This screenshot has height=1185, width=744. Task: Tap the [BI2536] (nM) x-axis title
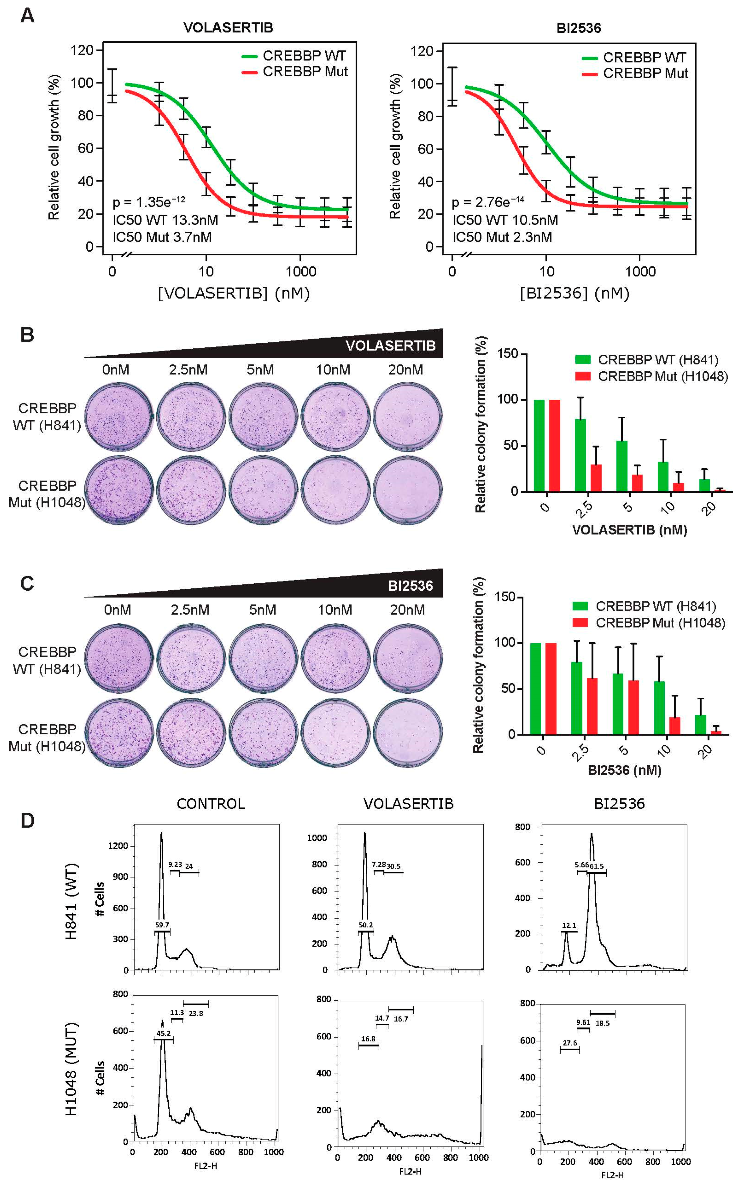click(x=574, y=293)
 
